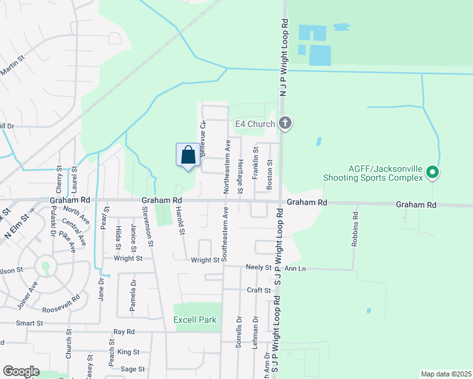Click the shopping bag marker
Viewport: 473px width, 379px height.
(188, 155)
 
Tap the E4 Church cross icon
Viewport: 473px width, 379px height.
(285, 123)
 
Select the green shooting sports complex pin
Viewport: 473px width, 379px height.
(433, 171)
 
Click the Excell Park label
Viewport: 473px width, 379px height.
(195, 320)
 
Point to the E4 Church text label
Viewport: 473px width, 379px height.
(255, 124)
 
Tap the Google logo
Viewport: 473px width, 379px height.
(20, 371)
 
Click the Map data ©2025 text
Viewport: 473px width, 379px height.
(446, 374)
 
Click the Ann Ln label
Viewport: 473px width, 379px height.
(295, 268)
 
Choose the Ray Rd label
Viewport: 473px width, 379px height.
(124, 332)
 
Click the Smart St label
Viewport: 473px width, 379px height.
(29, 323)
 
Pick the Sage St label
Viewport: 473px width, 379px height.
(133, 369)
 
